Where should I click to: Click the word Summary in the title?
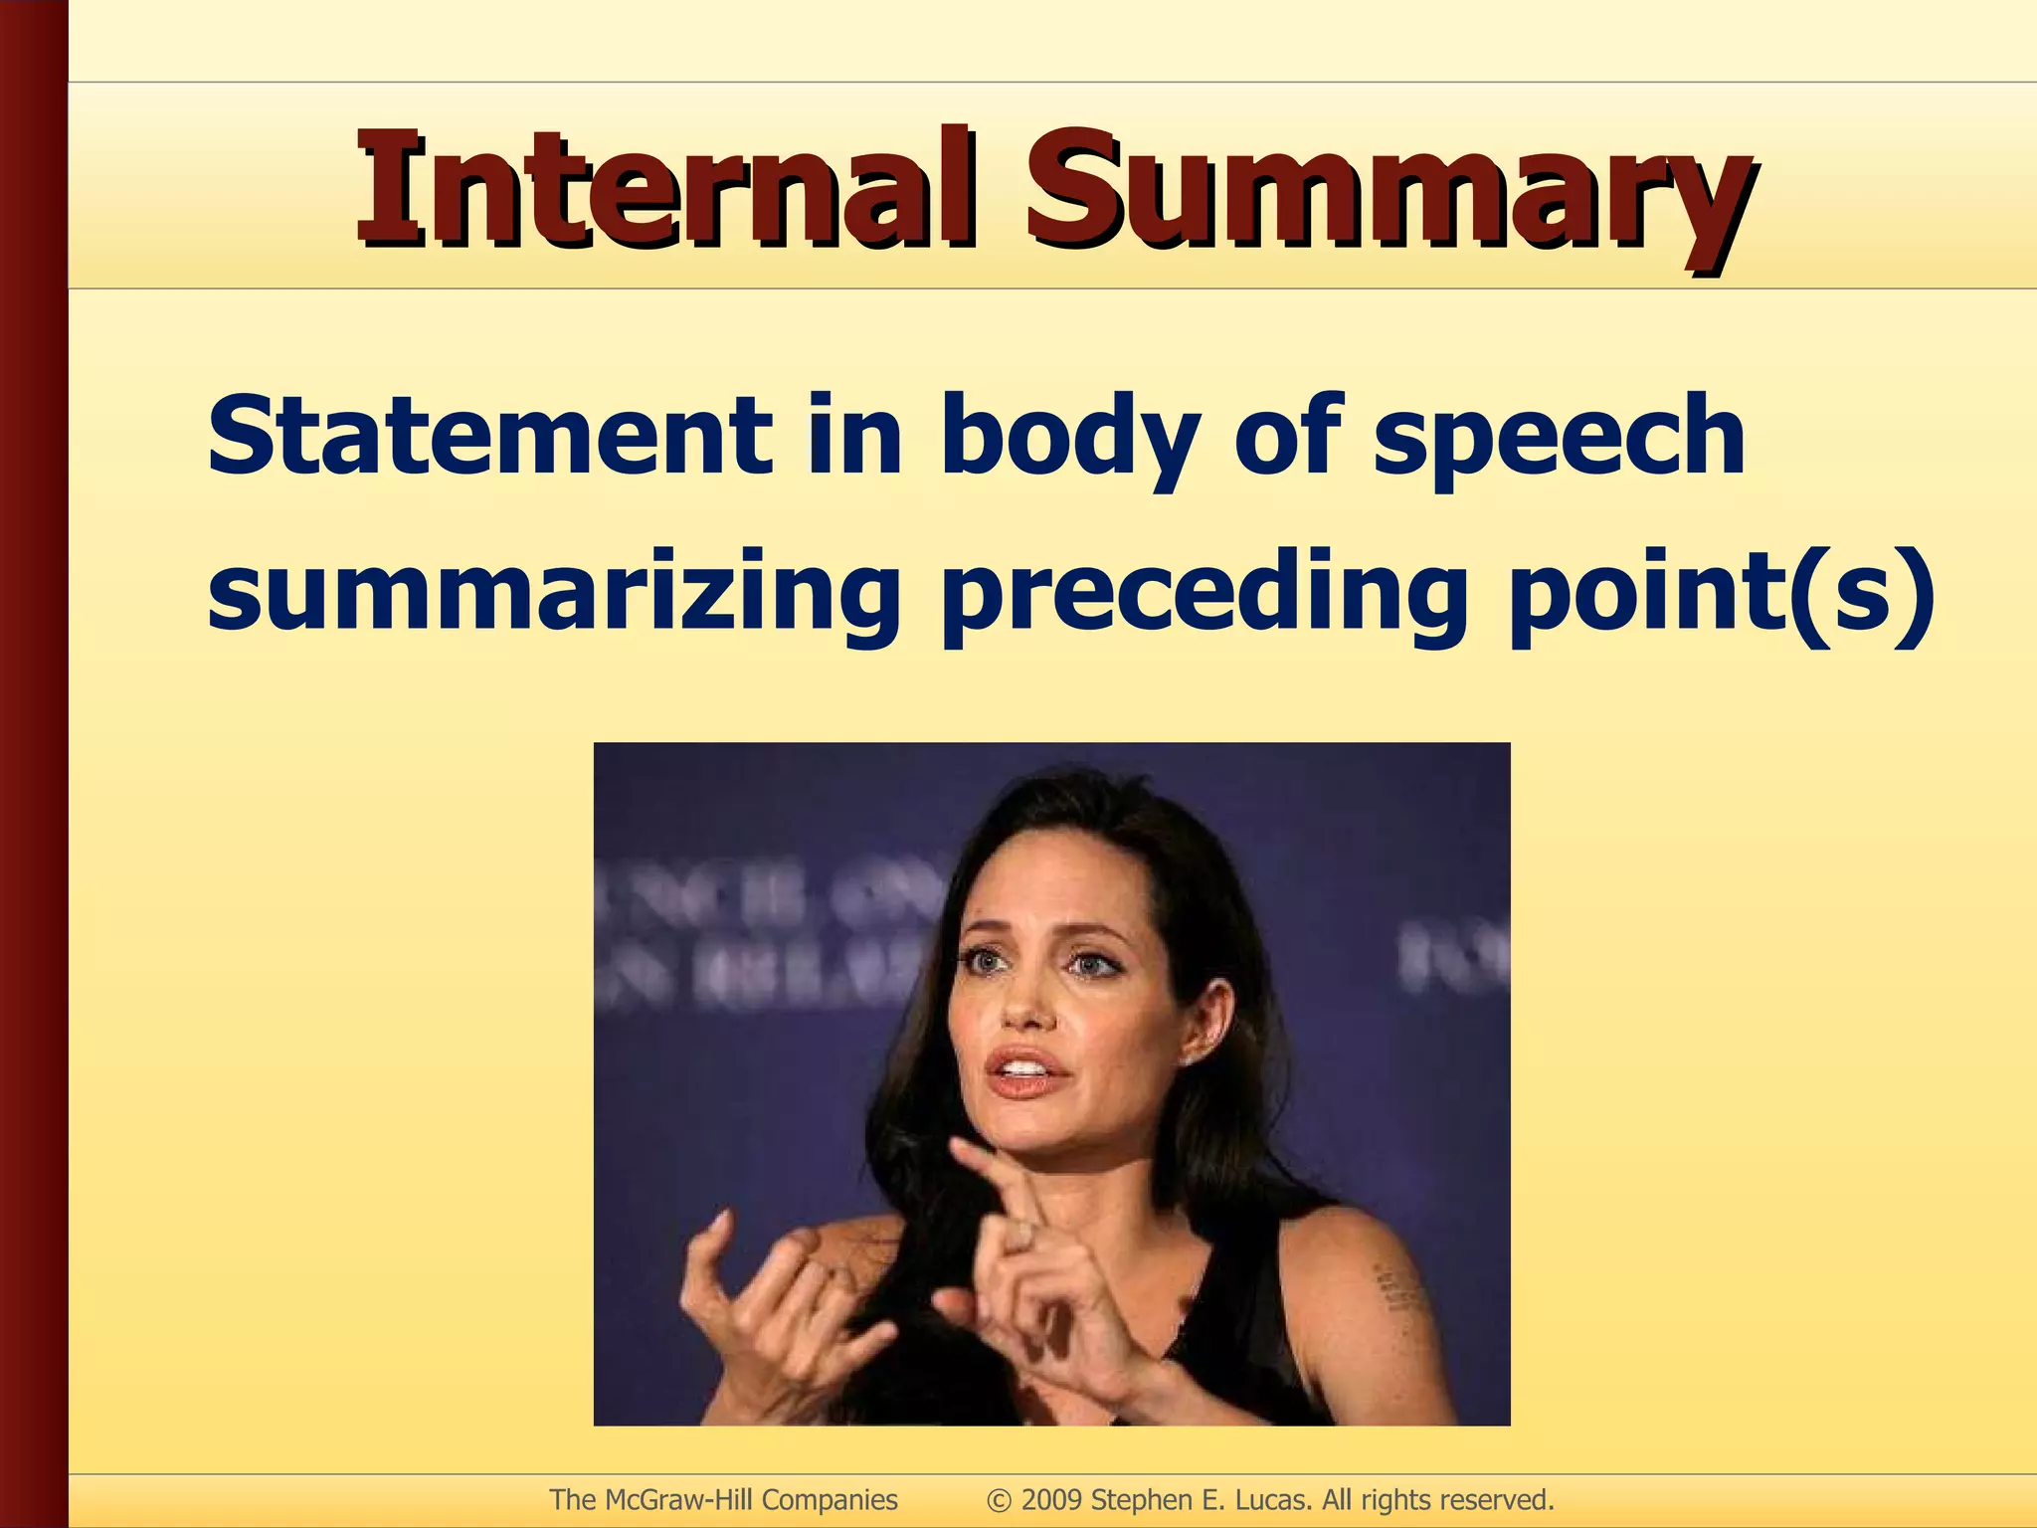pyautogui.click(x=1389, y=194)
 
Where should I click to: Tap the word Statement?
pyautogui.click(x=488, y=436)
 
